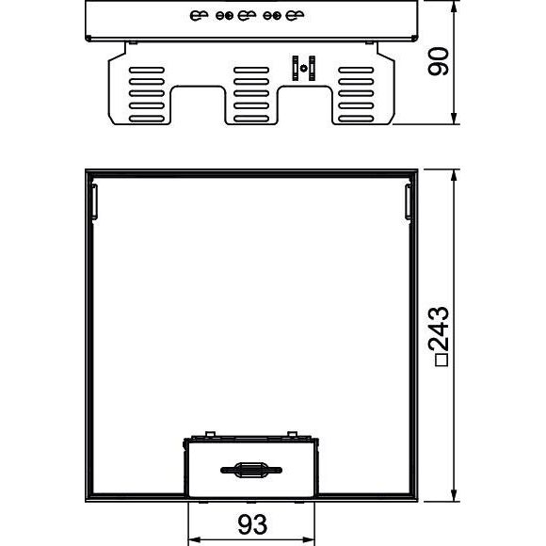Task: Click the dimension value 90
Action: coord(439,61)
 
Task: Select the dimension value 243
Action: coord(439,329)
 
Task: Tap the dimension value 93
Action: coord(252,524)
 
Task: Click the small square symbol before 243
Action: coord(442,360)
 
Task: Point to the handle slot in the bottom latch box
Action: coord(251,470)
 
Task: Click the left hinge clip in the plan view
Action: coord(94,201)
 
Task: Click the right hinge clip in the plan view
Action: coord(409,201)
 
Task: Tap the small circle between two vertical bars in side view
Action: coord(304,68)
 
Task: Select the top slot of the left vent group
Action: coord(147,70)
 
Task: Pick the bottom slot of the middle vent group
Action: coord(251,119)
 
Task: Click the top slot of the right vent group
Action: coord(356,70)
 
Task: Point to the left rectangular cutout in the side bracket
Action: coord(198,104)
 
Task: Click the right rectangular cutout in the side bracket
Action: coord(305,104)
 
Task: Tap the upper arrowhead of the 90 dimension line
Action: coord(454,7)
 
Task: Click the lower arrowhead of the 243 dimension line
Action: coord(454,495)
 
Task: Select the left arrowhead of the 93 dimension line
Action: coord(194,540)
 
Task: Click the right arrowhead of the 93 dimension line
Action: coord(308,540)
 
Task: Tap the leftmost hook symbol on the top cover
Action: coord(199,15)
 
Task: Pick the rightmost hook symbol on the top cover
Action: coord(295,15)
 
